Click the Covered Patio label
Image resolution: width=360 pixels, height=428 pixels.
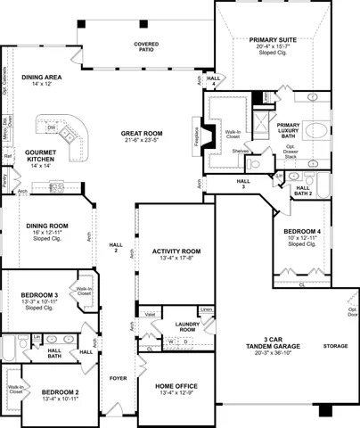(x=146, y=46)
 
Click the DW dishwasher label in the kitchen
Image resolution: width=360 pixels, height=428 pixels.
(x=53, y=128)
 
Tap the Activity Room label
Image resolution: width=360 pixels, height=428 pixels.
(x=176, y=255)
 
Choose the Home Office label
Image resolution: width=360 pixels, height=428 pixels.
(x=175, y=388)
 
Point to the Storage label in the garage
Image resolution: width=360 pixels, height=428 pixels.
(x=335, y=344)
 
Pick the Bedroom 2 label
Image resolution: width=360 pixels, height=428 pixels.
(x=60, y=393)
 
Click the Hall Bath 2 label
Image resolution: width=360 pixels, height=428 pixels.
(x=303, y=190)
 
